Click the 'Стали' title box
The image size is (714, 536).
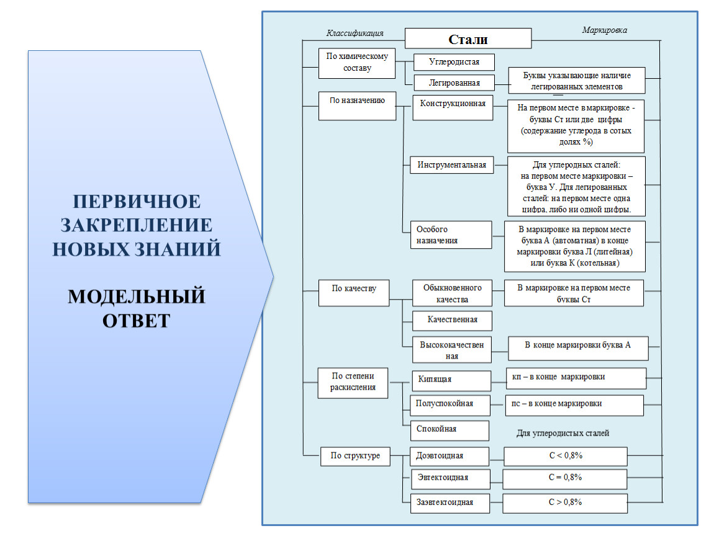(468, 39)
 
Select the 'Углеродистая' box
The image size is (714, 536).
(454, 62)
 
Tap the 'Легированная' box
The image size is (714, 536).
(454, 82)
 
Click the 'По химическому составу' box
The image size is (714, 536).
(357, 63)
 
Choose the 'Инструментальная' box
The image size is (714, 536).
(452, 166)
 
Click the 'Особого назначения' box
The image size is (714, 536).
(451, 235)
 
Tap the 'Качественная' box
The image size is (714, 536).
(453, 320)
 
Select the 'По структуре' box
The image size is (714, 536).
(355, 457)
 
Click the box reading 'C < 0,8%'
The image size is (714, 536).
(565, 457)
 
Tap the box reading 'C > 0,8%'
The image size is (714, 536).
(564, 502)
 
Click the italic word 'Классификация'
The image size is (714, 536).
(355, 33)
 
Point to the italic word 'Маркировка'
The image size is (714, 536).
(604, 29)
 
